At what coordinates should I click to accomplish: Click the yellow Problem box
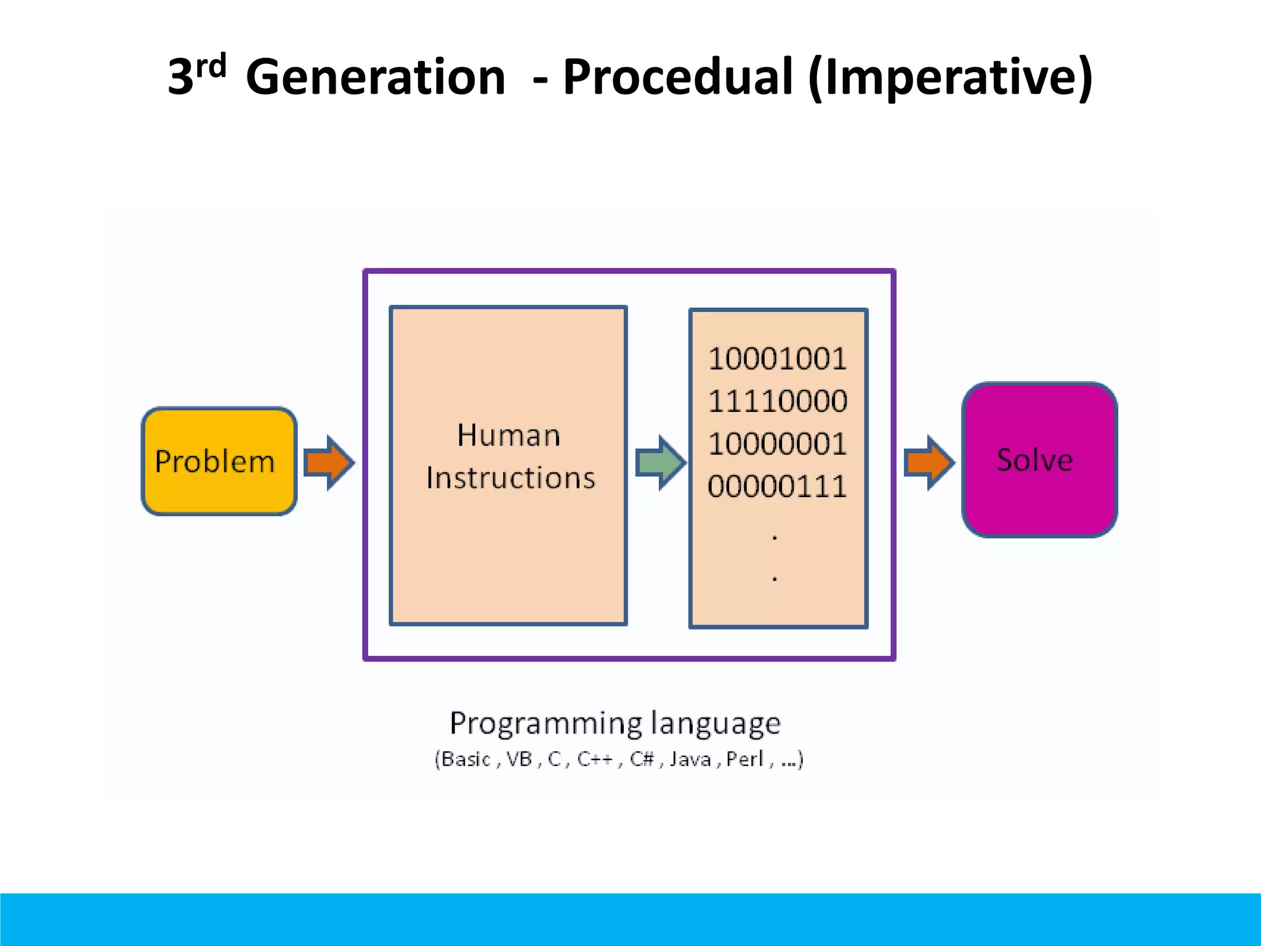coord(219,461)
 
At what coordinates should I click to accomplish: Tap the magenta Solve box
coord(1039,460)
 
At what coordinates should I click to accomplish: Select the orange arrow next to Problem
coord(329,463)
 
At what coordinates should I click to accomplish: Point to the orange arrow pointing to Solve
coord(929,463)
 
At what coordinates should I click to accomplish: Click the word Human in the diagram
coord(509,435)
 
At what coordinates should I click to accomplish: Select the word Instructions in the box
coord(510,479)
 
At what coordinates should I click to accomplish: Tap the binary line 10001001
coord(777,359)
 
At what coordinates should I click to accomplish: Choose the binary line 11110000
coord(777,402)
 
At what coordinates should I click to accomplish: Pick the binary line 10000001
coord(777,444)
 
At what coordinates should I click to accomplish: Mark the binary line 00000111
coord(777,487)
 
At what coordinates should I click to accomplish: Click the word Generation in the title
coord(375,77)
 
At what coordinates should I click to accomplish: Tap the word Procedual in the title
coord(677,77)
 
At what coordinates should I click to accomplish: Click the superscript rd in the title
coord(211,65)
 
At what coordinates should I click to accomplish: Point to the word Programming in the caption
coord(546,724)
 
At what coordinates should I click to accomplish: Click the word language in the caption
coord(715,724)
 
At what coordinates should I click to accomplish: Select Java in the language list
coord(690,759)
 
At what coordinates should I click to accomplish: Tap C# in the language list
coord(641,759)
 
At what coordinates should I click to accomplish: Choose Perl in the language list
coord(744,759)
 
